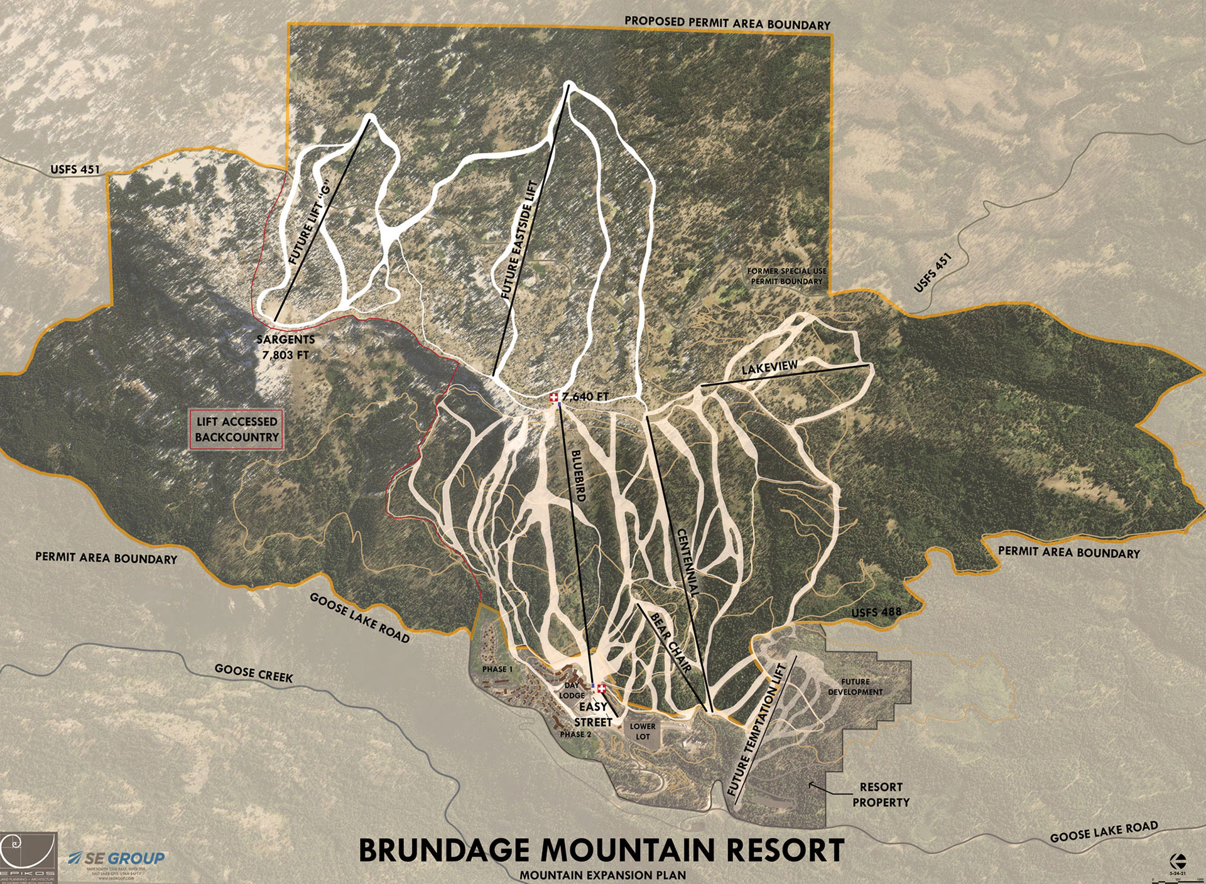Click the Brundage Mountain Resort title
[601, 850]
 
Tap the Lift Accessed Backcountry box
[236, 429]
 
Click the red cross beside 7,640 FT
[553, 397]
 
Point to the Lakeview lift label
[769, 367]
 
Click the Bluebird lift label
[578, 475]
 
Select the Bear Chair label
[671, 642]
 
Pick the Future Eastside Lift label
[519, 239]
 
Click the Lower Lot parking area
[643, 731]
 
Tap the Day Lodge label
[572, 691]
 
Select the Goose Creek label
[254, 673]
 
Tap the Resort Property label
[881, 794]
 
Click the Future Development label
[855, 687]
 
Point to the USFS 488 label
[876, 612]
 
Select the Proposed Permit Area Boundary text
[727, 23]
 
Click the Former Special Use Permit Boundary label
[786, 276]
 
